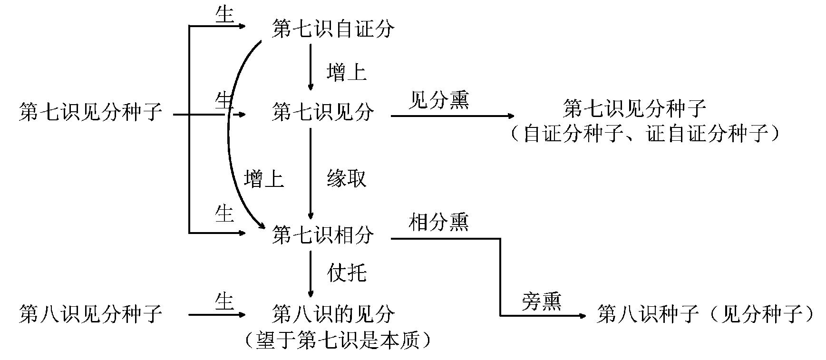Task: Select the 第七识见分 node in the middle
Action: tap(323, 113)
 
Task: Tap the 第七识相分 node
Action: tap(323, 235)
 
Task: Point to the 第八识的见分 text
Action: tap(333, 314)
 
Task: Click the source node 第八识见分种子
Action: tap(91, 314)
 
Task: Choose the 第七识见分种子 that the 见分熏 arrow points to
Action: tap(634, 109)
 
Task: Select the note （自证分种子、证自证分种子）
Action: tap(645, 135)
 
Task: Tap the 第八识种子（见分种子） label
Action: tap(706, 314)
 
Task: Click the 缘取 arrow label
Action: tap(347, 179)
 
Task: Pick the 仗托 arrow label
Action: tap(347, 273)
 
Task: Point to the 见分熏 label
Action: tap(438, 100)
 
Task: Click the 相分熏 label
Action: tap(438, 222)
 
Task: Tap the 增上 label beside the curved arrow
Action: tap(264, 179)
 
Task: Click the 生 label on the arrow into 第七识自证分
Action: tap(224, 15)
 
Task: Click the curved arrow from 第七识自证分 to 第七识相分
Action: tap(229, 138)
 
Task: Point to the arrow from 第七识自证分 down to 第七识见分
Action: tap(311, 67)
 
